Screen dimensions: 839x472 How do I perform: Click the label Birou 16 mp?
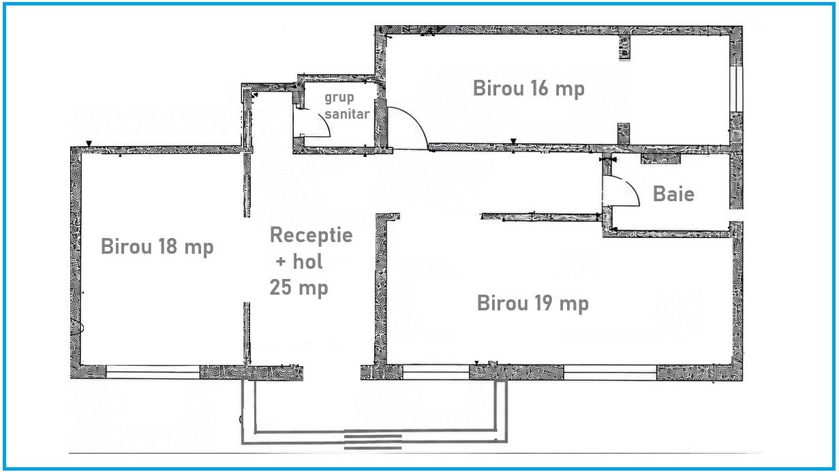[528, 89]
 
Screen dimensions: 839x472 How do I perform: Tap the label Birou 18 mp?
[157, 247]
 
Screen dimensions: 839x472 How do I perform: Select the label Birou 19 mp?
[532, 304]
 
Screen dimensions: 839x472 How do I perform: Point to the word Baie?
[673, 194]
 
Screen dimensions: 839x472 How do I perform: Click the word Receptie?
[311, 235]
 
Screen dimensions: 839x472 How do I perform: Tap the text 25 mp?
[299, 288]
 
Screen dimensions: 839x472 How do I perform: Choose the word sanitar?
[347, 114]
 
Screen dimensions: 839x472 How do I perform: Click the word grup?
[339, 98]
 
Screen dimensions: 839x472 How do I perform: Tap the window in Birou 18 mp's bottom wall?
[153, 372]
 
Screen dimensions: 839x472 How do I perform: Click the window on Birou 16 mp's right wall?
[736, 89]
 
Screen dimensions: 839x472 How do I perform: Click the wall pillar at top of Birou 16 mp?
[624, 47]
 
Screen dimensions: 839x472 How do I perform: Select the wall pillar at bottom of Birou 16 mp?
[624, 134]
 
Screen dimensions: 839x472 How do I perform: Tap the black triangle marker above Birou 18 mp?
[89, 144]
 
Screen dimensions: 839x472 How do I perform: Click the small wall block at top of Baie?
[660, 158]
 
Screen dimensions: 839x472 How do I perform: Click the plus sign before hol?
[281, 261]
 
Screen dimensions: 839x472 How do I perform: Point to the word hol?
[307, 261]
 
